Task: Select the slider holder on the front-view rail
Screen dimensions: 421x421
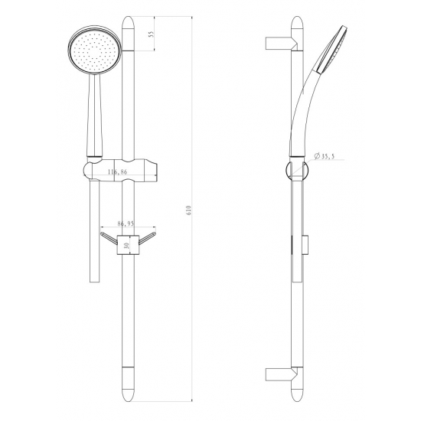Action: [x=122, y=168]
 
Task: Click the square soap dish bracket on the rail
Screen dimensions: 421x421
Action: [x=127, y=244]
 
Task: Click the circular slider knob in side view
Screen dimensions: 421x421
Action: [x=295, y=170]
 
